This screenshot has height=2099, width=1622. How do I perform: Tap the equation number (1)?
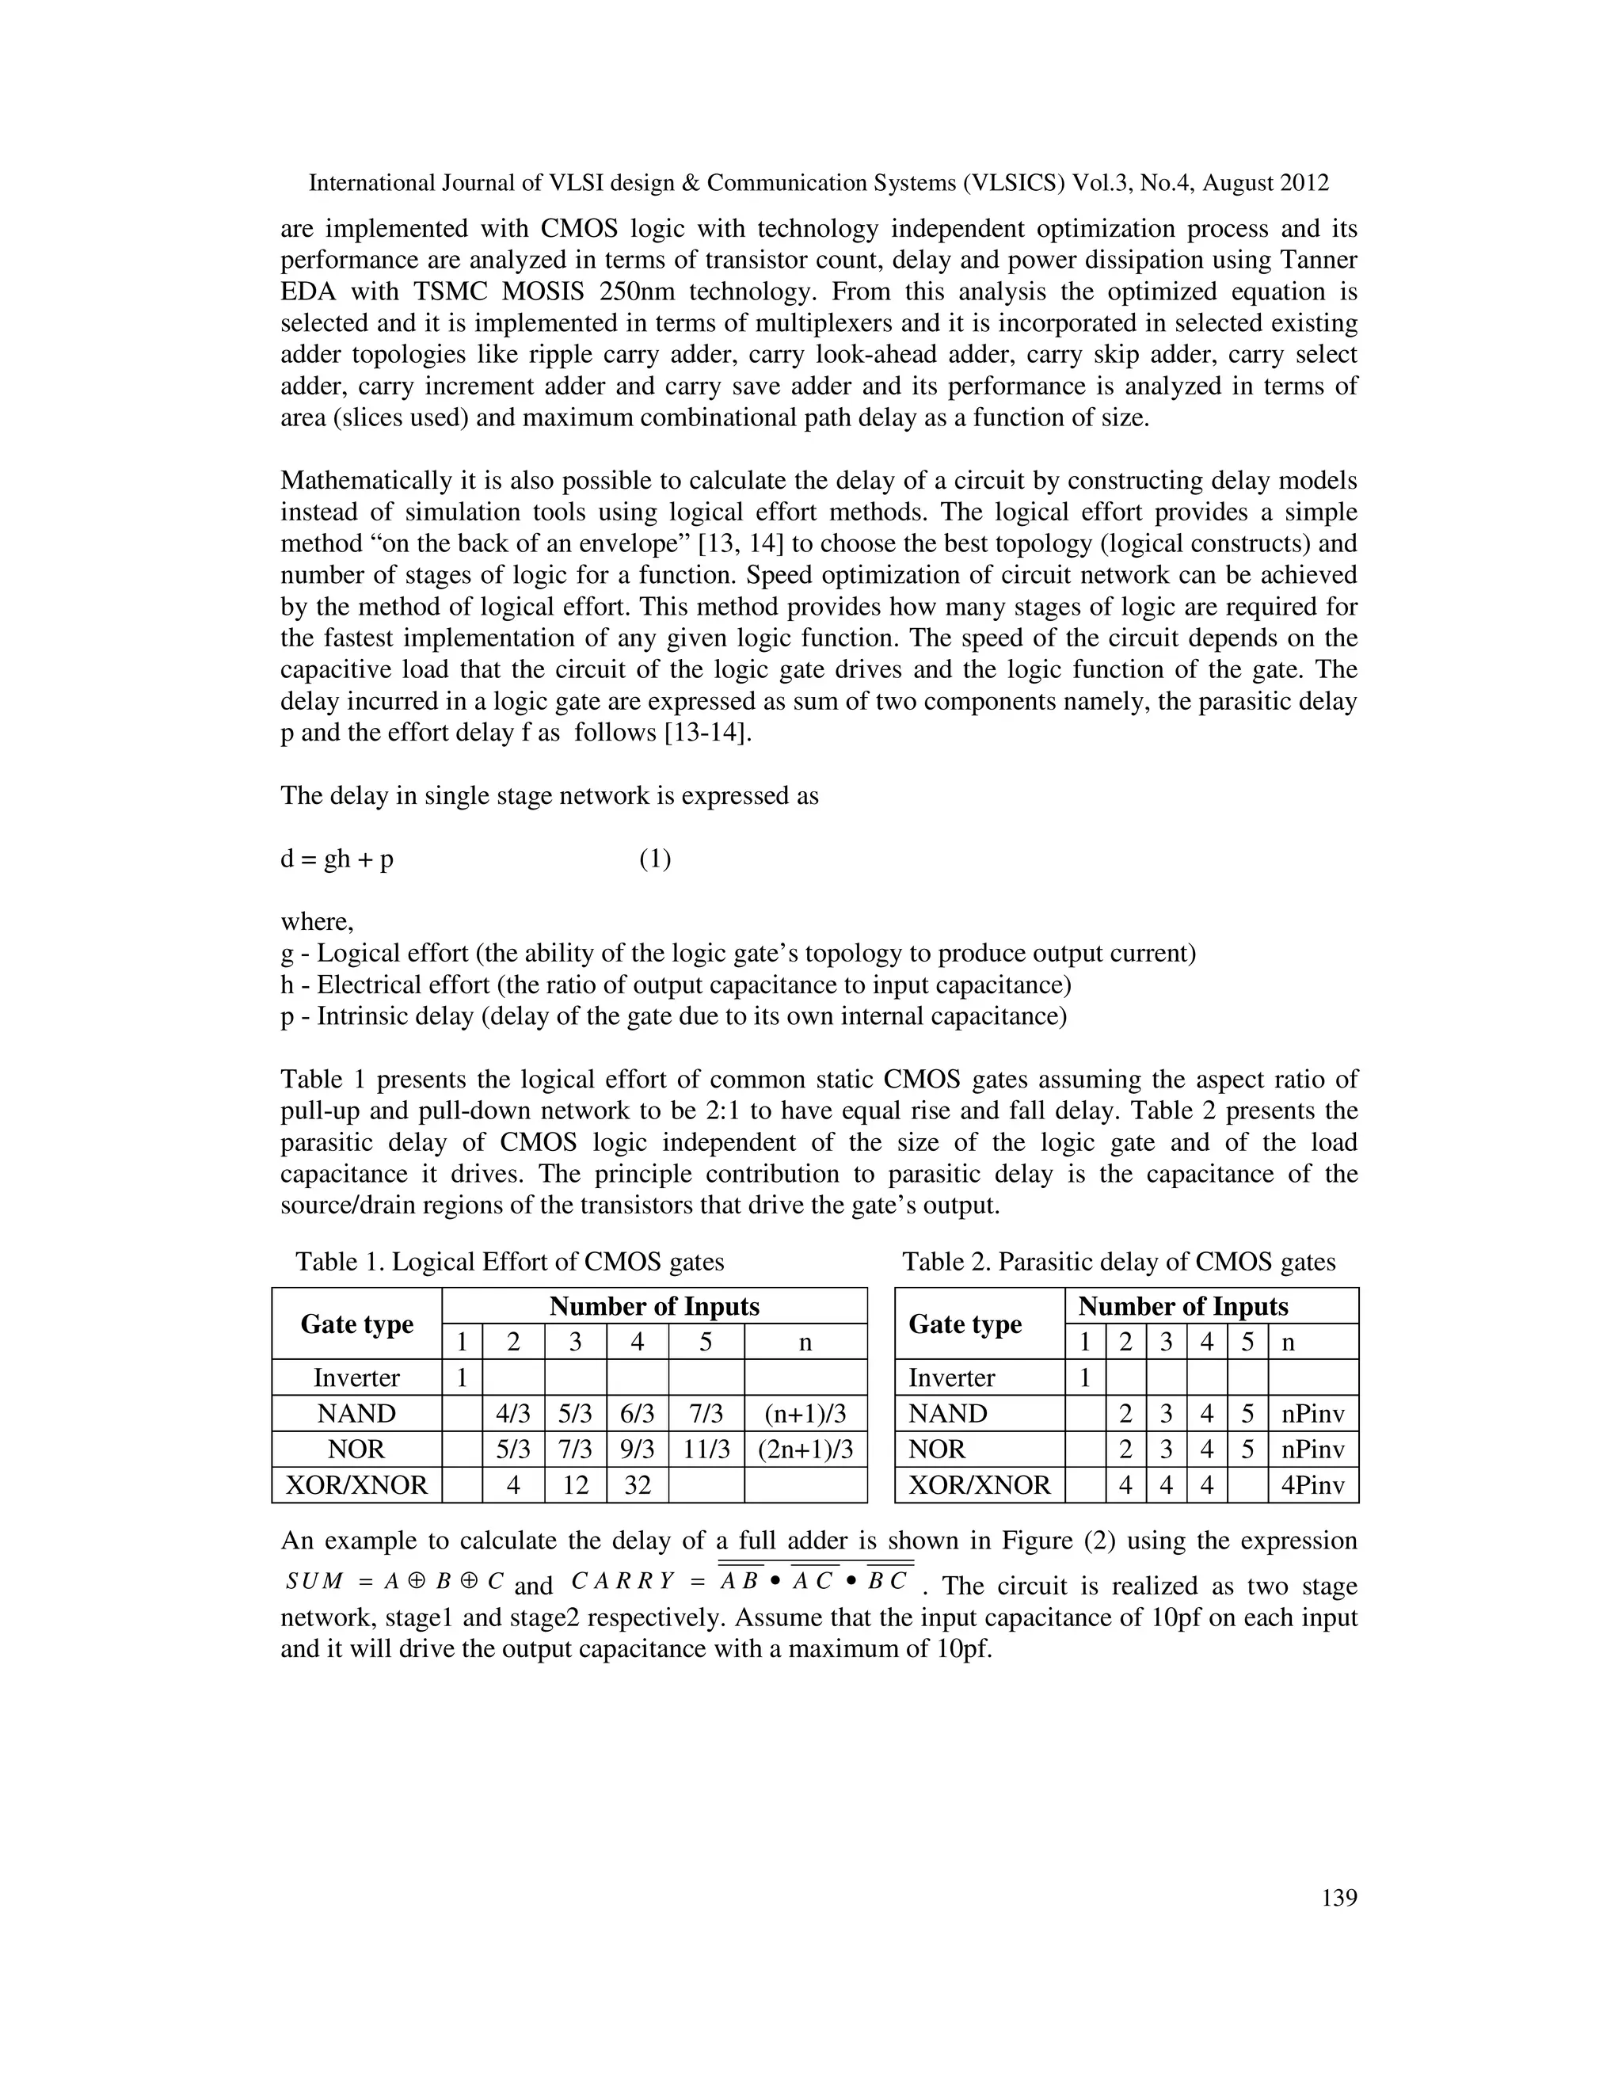(x=655, y=859)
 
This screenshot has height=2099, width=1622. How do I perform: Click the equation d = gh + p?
(x=337, y=859)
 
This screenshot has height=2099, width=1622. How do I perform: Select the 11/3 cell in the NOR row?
(x=706, y=1449)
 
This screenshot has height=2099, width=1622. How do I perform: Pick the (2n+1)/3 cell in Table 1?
(x=805, y=1449)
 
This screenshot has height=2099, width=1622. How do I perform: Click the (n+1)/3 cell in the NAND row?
(x=805, y=1414)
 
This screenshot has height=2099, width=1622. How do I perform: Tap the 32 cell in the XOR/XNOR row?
(x=637, y=1486)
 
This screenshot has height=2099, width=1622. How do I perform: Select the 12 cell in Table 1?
(x=575, y=1486)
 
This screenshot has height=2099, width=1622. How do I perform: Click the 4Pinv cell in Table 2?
(x=1312, y=1486)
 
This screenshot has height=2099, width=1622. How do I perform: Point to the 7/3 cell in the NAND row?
(x=706, y=1414)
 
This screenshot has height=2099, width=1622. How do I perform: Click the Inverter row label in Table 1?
(x=356, y=1377)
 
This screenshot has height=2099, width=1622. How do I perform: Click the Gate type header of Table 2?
(x=965, y=1324)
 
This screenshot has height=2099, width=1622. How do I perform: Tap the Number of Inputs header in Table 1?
(x=653, y=1306)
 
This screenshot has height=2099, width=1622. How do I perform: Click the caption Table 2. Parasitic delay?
(x=1118, y=1262)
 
